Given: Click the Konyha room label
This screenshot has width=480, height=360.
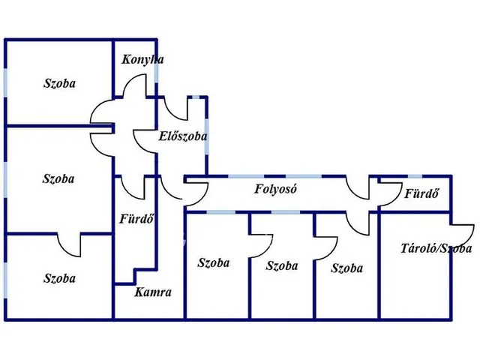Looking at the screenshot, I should [x=139, y=60].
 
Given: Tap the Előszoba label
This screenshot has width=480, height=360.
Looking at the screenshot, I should [x=182, y=136].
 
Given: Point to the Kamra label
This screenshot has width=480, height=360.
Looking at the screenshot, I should [x=154, y=293].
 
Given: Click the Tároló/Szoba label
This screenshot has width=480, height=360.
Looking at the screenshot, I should [x=436, y=248].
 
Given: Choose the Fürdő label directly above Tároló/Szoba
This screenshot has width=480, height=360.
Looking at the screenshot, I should [x=421, y=194].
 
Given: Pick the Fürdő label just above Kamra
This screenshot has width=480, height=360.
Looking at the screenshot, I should [x=137, y=220].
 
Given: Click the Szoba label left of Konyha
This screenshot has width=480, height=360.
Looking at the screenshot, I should [x=59, y=84].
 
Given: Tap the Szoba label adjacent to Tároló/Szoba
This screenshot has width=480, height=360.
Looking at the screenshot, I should [x=346, y=268].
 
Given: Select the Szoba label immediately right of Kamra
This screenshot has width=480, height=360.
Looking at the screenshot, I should [x=214, y=262].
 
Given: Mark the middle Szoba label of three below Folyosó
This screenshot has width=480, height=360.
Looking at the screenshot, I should [x=282, y=265].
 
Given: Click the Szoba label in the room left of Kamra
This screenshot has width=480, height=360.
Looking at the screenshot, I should [x=59, y=278].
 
